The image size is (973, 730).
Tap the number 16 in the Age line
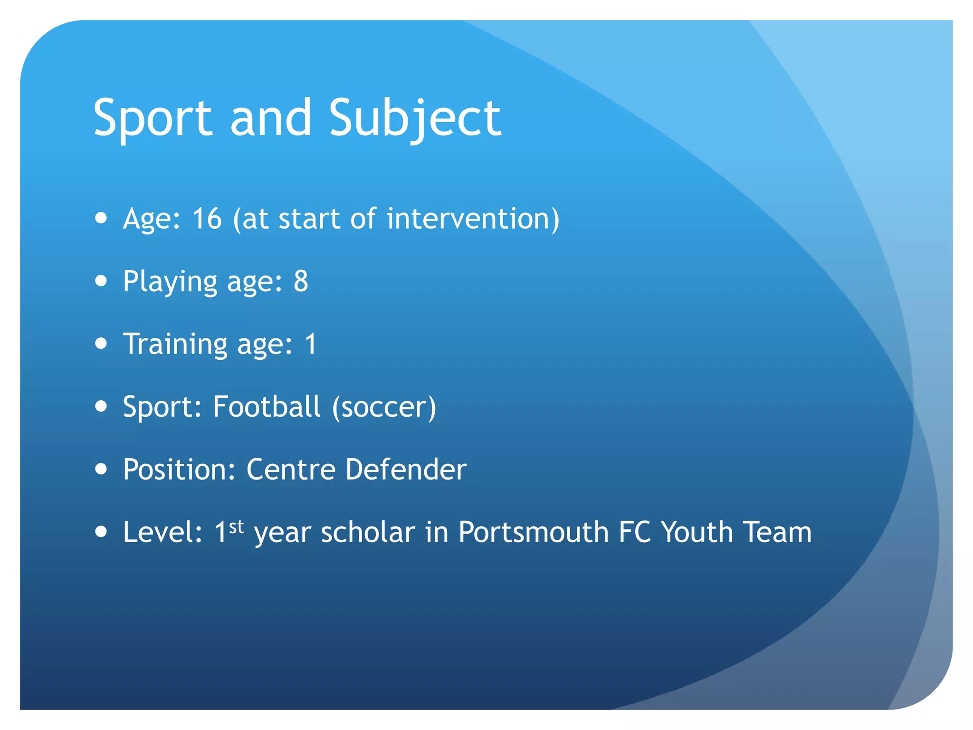pyautogui.click(x=207, y=219)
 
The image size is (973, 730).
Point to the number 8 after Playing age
pyautogui.click(x=301, y=281)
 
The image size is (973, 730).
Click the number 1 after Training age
pyautogui.click(x=311, y=344)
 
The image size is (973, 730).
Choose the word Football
pyautogui.click(x=267, y=407)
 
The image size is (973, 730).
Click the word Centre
pyautogui.click(x=291, y=470)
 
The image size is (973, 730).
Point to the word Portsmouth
pyautogui.click(x=533, y=532)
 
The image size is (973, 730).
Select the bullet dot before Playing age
pyautogui.click(x=101, y=280)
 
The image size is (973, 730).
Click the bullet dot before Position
pyautogui.click(x=101, y=469)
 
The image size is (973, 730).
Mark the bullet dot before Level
pyautogui.click(x=101, y=531)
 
